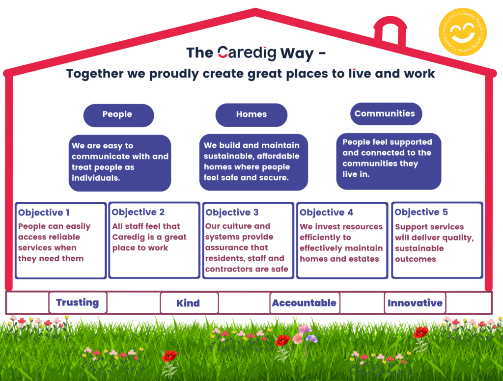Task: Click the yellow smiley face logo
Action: click(x=462, y=31)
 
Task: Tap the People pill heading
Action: click(x=117, y=114)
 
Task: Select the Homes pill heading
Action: click(x=251, y=114)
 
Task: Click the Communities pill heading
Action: click(x=385, y=113)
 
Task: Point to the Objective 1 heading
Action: click(x=44, y=213)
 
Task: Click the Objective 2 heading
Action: click(x=138, y=212)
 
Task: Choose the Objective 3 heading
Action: click(x=232, y=212)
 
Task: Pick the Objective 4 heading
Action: click(x=326, y=212)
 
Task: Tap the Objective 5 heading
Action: click(x=421, y=212)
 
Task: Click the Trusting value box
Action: click(x=77, y=302)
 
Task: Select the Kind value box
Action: click(x=188, y=303)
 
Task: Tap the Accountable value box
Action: click(x=304, y=303)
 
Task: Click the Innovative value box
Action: click(x=415, y=303)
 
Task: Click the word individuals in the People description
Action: click(x=96, y=178)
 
